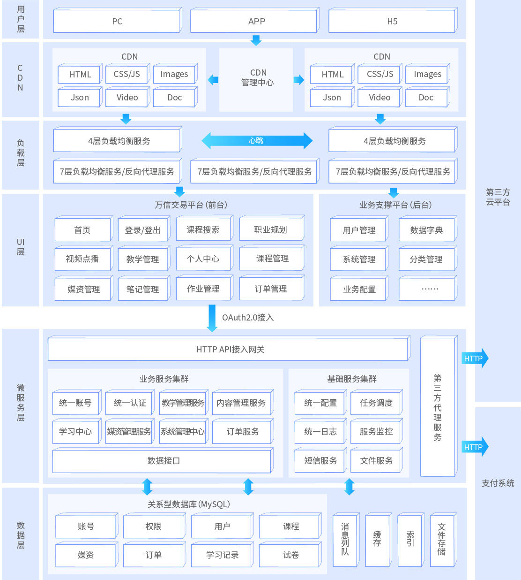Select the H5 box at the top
click(392, 22)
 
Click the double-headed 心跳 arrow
click(257, 140)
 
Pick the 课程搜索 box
click(203, 230)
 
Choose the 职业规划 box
click(271, 230)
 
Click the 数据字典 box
click(426, 230)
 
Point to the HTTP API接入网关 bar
click(229, 350)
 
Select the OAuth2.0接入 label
click(248, 318)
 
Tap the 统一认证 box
click(129, 403)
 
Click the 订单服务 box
click(242, 432)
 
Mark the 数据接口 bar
click(163, 461)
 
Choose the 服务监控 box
click(376, 432)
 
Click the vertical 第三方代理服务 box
click(438, 407)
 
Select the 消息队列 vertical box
click(345, 540)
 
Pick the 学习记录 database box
click(222, 555)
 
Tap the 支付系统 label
click(498, 483)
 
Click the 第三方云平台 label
click(498, 197)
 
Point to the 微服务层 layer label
click(21, 403)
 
